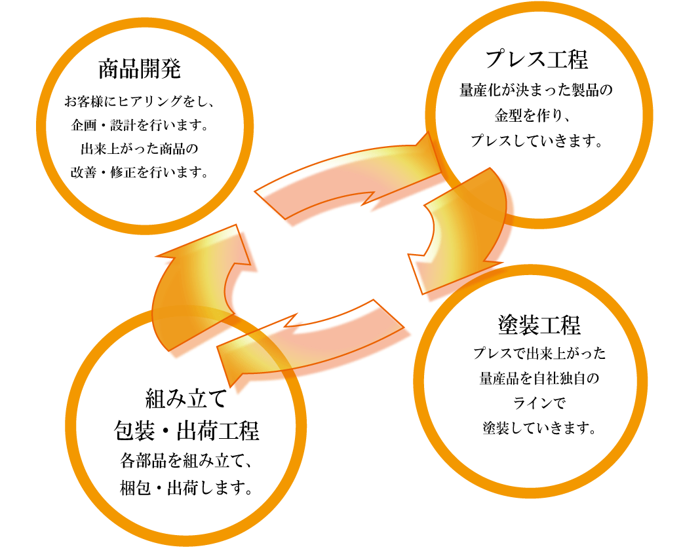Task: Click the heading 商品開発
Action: tap(139, 68)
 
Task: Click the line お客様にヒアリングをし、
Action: tap(140, 102)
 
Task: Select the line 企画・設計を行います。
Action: tap(140, 125)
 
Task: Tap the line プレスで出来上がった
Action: tap(539, 354)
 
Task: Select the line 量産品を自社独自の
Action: tap(539, 379)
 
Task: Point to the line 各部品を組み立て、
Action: tap(187, 460)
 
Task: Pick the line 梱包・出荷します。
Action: tap(187, 488)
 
